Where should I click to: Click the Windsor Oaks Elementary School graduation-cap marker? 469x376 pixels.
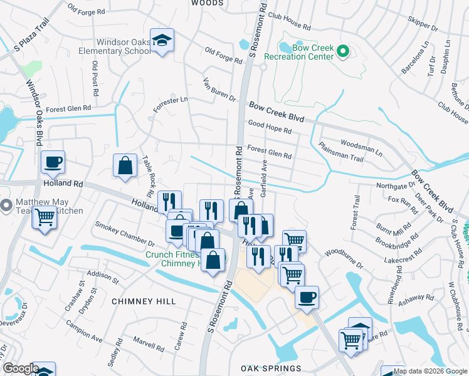[162, 41]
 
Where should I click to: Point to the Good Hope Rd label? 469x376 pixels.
[270, 127]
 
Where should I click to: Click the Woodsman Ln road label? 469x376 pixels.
[361, 146]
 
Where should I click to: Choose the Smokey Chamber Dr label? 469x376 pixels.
[124, 233]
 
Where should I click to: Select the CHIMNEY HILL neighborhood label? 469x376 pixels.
[144, 301]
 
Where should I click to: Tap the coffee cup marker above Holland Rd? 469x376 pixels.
[53, 162]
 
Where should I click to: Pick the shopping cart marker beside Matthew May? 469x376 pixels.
[44, 218]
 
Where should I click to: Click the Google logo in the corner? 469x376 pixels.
[20, 368]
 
